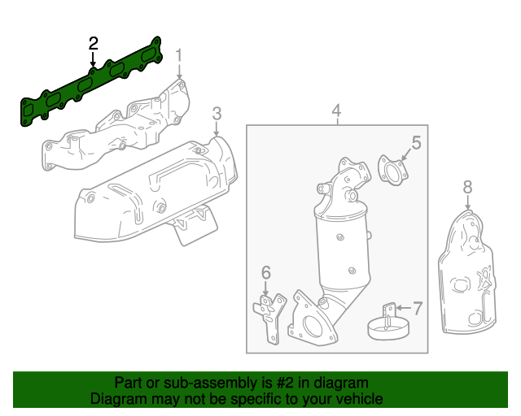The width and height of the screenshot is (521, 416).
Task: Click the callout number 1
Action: coord(179,56)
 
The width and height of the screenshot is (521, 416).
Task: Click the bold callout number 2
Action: coord(94,43)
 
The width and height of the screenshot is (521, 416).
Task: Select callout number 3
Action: coord(217,112)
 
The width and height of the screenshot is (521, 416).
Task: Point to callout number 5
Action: coord(415,144)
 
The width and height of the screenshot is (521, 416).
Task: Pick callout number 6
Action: coord(265,272)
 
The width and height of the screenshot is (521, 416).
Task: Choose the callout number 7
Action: coord(418,308)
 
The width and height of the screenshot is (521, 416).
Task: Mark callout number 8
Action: coord(467,188)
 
